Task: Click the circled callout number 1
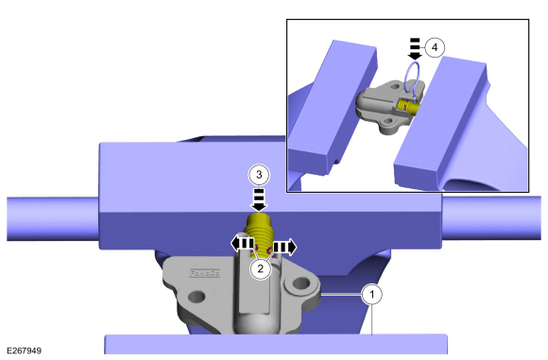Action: [372, 295]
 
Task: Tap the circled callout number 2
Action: [261, 268]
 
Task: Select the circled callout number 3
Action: [259, 175]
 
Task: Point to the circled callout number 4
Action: [435, 47]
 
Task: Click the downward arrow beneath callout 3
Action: [259, 200]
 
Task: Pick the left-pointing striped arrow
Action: [242, 244]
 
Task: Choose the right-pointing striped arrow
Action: [284, 248]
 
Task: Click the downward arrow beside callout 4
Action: [415, 49]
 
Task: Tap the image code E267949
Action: [25, 351]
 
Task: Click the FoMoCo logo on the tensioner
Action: [205, 273]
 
